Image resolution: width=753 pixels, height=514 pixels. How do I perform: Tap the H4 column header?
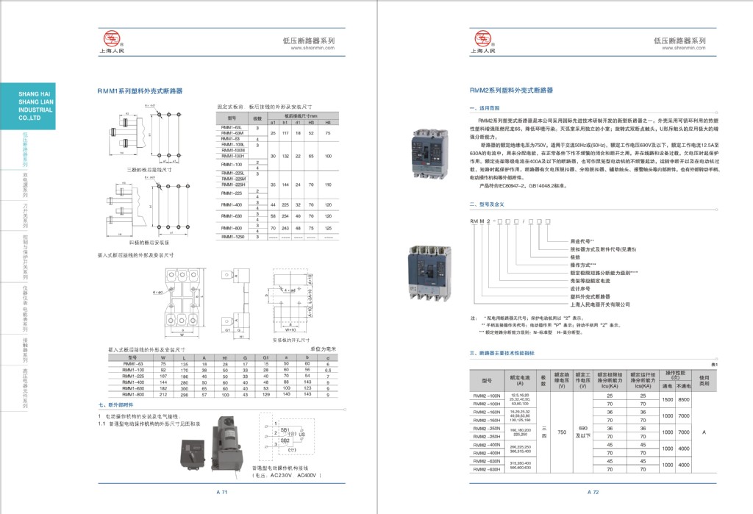pos(328,121)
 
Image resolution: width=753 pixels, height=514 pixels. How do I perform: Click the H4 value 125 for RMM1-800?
pos(328,228)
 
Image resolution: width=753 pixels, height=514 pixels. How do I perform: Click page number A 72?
pos(593,491)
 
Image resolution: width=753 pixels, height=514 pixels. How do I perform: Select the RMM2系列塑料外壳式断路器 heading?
pos(511,90)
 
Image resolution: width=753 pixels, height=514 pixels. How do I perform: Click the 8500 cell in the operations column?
pos(684,399)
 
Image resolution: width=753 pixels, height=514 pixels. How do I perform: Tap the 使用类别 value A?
pos(704,432)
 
